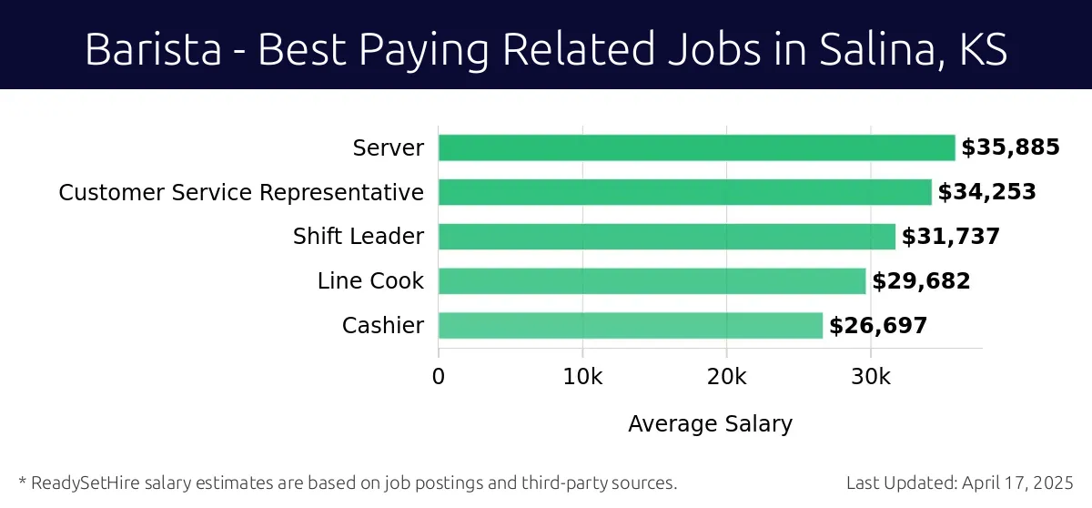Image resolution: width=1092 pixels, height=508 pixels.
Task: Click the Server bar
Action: pyautogui.click(x=696, y=147)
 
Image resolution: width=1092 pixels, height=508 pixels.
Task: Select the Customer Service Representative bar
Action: pyautogui.click(x=684, y=192)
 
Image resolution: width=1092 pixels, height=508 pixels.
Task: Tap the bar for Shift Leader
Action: pyautogui.click(x=666, y=237)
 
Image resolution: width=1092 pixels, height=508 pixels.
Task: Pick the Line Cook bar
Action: pyautogui.click(x=652, y=281)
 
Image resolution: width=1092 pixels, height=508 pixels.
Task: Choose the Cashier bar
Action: pyautogui.click(x=630, y=325)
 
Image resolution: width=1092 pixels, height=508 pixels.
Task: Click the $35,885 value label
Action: pyautogui.click(x=1010, y=147)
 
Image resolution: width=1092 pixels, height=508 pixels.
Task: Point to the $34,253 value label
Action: pyautogui.click(x=986, y=192)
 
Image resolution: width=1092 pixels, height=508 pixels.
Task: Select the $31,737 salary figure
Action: pyautogui.click(x=950, y=237)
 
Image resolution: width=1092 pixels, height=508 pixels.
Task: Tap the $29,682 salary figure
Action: pyautogui.click(x=921, y=281)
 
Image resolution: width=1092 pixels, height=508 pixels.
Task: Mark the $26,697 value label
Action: pyautogui.click(x=877, y=325)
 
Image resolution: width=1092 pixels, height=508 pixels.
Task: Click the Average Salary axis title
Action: pyautogui.click(x=710, y=423)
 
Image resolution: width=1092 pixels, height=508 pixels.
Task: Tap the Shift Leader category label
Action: pyautogui.click(x=358, y=237)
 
